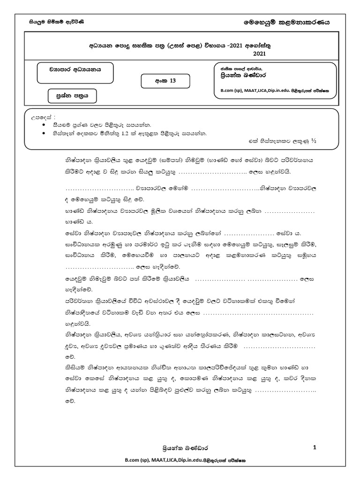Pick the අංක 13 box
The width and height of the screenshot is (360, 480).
click(x=165, y=81)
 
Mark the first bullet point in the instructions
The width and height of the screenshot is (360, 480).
click(x=44, y=125)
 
